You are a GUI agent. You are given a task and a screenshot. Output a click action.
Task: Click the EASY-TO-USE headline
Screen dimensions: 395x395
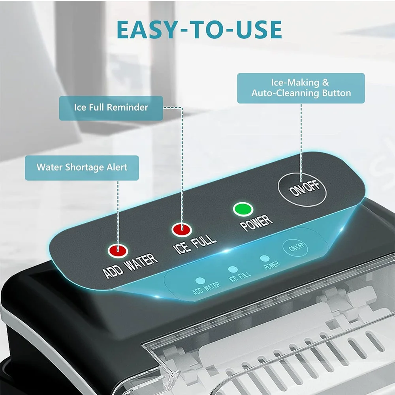pyautogui.click(x=199, y=30)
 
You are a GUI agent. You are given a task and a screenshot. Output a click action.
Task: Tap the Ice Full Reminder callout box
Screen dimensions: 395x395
pyautogui.click(x=111, y=108)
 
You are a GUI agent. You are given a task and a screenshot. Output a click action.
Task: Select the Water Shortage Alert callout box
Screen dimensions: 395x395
pyautogui.click(x=82, y=167)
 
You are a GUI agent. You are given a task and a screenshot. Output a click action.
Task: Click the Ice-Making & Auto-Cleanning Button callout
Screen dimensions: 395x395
pyautogui.click(x=301, y=88)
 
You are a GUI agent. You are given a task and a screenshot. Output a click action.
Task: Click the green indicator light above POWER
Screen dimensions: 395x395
pyautogui.click(x=243, y=209)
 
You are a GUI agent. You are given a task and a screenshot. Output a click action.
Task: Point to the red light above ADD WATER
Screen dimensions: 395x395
pyautogui.click(x=118, y=250)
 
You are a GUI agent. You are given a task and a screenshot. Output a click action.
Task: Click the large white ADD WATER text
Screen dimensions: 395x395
pyautogui.click(x=130, y=265)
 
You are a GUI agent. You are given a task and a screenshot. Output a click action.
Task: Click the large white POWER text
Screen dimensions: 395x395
pyautogui.click(x=256, y=223)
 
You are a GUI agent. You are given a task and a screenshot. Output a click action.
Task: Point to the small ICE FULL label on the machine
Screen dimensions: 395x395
pyautogui.click(x=240, y=276)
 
